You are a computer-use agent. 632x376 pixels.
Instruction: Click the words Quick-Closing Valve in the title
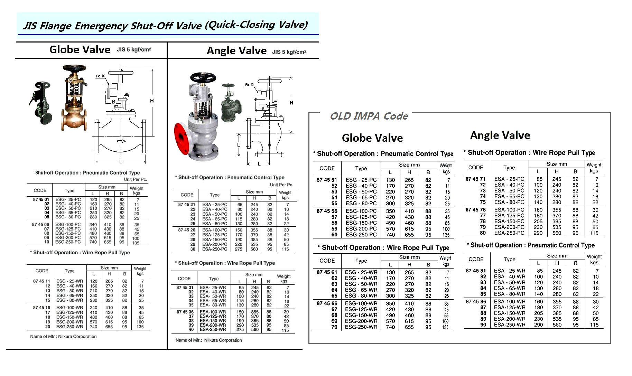pos(256,25)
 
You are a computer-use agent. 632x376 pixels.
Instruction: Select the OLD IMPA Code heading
pos(369,116)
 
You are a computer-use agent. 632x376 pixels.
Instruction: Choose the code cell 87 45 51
pos(326,180)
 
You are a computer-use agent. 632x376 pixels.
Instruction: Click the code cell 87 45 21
pos(187,205)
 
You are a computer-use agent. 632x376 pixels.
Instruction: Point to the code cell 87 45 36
pos(185,312)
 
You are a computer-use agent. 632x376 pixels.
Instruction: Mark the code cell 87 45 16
pos(41,308)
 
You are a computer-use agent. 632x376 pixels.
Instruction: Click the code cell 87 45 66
pos(327,303)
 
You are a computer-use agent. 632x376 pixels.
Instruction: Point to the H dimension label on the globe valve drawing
pos(152,101)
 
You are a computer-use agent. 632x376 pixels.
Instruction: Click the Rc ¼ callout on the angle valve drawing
pos(249,85)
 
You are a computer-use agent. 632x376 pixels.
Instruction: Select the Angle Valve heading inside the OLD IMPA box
pos(500,135)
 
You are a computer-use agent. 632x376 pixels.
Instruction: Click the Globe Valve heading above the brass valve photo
pos(80,50)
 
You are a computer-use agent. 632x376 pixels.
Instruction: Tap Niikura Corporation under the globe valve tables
pos(77,337)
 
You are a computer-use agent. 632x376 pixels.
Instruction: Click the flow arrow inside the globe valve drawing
pos(121,141)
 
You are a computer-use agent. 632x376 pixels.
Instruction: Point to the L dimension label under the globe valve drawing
pos(120,162)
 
